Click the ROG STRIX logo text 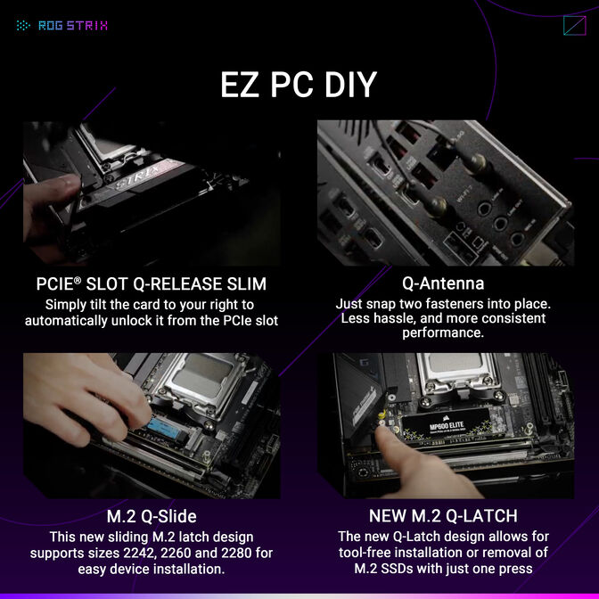72,26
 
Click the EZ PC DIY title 299,85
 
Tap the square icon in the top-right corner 574,25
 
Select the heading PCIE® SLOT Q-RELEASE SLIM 151,284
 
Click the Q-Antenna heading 443,284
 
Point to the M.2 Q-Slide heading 151,517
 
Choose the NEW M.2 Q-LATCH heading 443,517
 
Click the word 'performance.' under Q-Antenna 443,332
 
